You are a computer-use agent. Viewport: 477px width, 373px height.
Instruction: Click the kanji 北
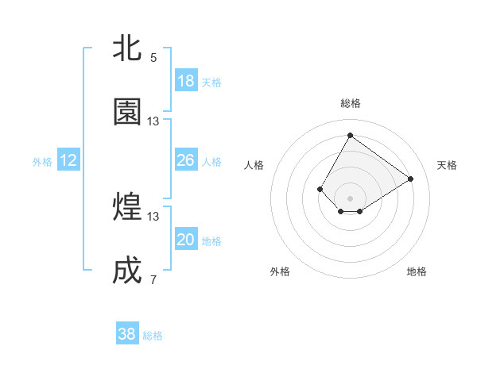pos(128,48)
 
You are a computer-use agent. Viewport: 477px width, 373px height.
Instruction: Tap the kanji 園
pos(128,112)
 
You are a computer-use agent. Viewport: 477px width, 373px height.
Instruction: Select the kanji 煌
pos(128,207)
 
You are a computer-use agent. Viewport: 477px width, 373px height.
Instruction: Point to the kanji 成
pos(128,271)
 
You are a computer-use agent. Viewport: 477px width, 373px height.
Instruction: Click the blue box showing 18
pos(186,81)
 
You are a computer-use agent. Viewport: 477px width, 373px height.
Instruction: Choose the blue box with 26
pos(186,160)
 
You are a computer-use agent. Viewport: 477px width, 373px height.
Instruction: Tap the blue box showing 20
pos(186,240)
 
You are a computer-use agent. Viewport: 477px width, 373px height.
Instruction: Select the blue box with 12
pos(68,160)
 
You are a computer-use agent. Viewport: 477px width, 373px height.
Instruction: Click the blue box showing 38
pos(127,334)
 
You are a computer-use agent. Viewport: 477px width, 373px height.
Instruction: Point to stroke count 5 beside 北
pos(153,58)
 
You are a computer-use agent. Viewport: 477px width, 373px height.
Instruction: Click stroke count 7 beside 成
pos(153,280)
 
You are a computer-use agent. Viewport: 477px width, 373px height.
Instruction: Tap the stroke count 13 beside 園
pos(153,121)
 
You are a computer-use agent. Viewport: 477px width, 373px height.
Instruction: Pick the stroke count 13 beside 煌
pos(153,217)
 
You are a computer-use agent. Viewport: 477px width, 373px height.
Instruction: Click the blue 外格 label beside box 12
pos(42,162)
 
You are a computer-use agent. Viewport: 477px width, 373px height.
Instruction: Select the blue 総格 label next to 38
pos(153,336)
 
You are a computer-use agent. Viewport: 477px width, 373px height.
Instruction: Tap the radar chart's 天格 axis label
pos(447,165)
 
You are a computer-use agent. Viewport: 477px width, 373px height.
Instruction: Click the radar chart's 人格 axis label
pos(254,165)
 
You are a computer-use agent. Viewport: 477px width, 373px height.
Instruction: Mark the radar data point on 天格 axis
pos(411,179)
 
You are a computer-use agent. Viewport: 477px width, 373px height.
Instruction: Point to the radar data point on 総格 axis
pos(350,135)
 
